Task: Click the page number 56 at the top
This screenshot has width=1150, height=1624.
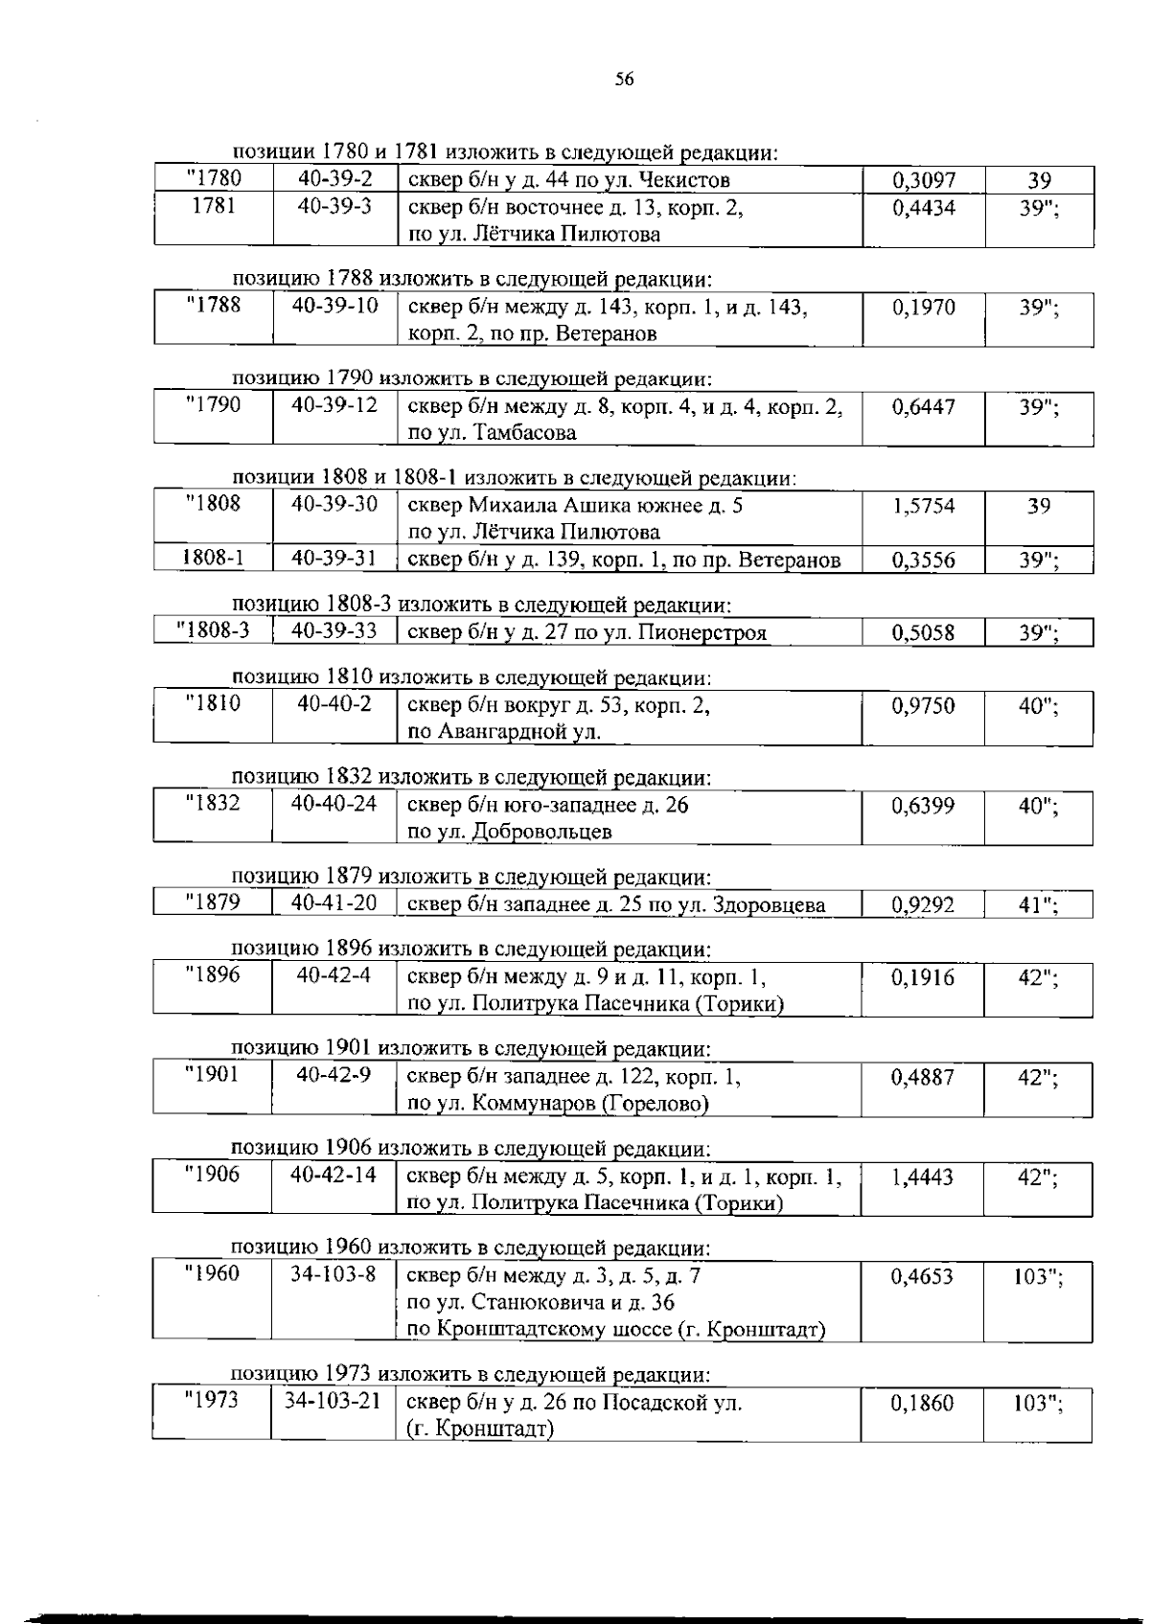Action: point(624,80)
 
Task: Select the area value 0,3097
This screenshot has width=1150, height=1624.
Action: point(923,180)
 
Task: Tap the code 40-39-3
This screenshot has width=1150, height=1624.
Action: point(334,206)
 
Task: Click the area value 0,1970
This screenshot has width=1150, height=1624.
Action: point(923,308)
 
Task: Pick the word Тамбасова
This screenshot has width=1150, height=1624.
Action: point(525,433)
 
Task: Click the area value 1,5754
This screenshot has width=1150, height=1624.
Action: point(923,506)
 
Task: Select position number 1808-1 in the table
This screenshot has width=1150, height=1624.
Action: point(213,558)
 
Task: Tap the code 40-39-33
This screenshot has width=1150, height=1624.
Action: point(334,630)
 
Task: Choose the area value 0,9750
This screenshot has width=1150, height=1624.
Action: point(923,706)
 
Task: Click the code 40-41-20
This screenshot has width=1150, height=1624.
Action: point(334,903)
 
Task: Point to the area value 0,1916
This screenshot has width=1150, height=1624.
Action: point(923,977)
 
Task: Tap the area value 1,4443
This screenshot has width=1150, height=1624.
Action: point(923,1178)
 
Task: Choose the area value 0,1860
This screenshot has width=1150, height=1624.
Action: point(923,1405)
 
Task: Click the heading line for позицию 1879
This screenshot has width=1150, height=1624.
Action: point(471,877)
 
